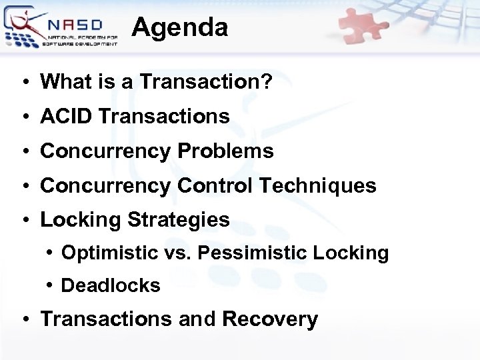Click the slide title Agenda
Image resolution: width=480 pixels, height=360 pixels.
(180, 27)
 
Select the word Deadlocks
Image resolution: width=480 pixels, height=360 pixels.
(111, 286)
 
